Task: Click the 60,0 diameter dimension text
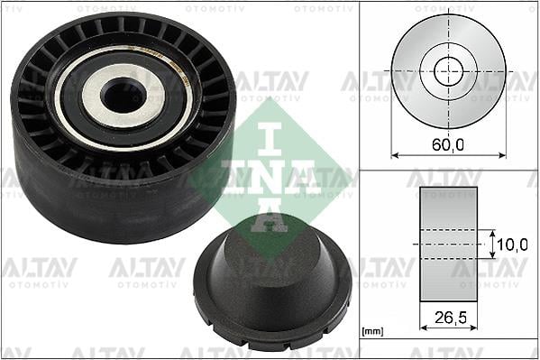tap(448, 143)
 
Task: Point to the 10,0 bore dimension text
tap(511, 244)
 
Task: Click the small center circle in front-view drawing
tap(448, 70)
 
